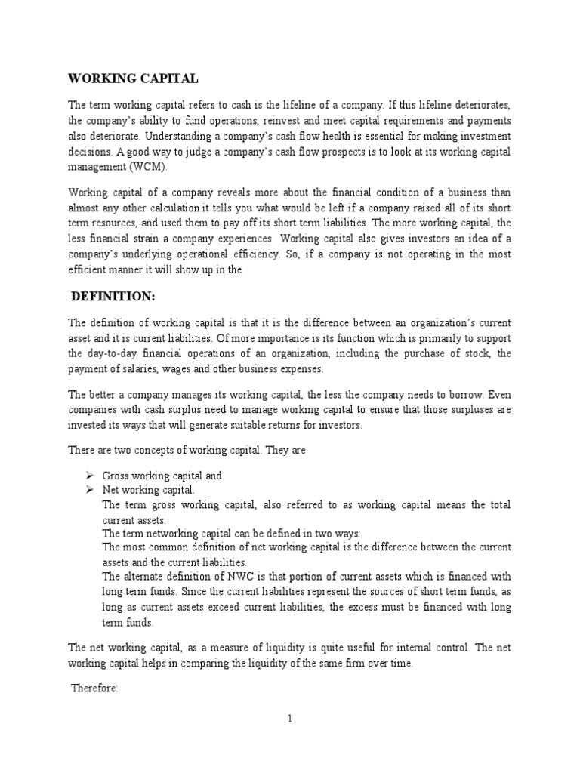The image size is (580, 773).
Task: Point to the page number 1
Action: click(289, 719)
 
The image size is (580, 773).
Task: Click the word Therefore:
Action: click(94, 688)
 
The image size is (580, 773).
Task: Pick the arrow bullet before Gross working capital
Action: click(88, 476)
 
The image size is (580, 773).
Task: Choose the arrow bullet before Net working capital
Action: click(88, 490)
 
